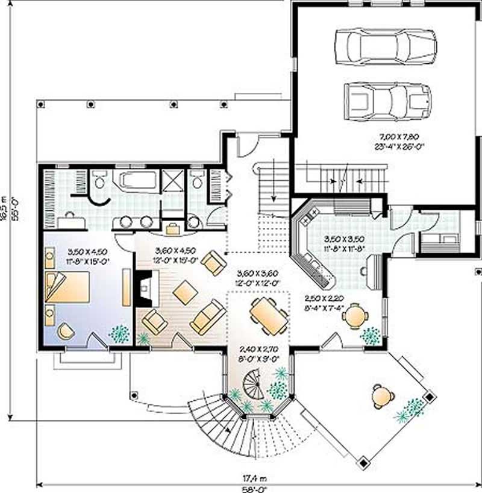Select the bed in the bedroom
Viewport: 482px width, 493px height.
coord(67,287)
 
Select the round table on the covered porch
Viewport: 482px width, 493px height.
coord(381,395)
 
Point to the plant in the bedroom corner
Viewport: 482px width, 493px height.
coord(119,333)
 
